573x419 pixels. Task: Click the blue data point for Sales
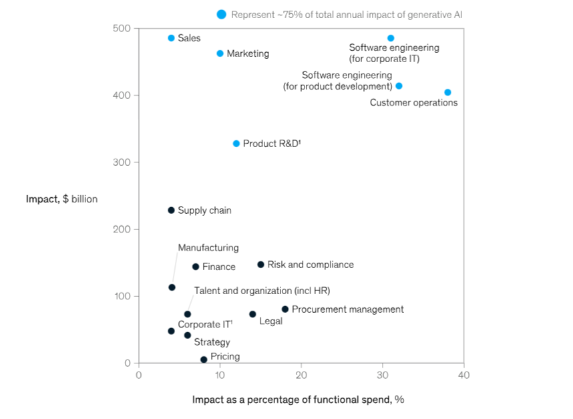171,38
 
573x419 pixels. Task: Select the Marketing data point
220,53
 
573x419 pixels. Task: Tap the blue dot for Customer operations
447,92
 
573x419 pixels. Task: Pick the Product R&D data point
236,144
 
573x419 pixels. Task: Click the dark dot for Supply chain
171,211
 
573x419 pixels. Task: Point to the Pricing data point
204,360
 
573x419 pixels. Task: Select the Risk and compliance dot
260,265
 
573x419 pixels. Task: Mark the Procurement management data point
285,309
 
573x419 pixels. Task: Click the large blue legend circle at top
222,14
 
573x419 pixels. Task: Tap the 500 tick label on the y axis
122,29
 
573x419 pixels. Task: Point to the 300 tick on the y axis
122,162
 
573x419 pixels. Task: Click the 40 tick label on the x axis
463,375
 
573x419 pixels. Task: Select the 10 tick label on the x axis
220,375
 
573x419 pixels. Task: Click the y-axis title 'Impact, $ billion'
61,198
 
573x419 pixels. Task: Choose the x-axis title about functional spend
298,400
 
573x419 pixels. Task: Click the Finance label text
218,267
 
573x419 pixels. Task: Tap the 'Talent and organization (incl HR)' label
262,291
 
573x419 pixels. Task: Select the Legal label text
270,321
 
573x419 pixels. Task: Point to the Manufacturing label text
208,247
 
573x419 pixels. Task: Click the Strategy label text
212,342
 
